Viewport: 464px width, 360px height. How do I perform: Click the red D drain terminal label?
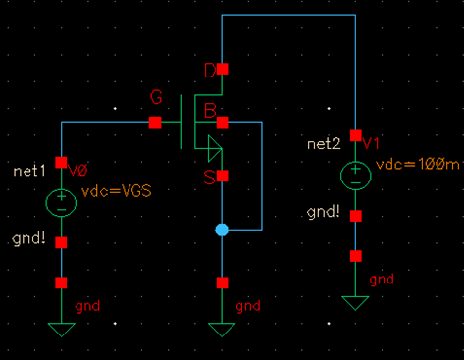point(208,69)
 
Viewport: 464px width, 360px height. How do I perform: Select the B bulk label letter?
point(208,111)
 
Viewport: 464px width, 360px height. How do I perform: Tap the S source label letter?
point(208,176)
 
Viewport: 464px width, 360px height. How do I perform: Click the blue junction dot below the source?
point(222,230)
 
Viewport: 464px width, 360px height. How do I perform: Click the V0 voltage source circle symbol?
point(61,202)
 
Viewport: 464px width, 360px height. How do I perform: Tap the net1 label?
point(29,171)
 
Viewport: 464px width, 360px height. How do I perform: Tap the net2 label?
point(323,144)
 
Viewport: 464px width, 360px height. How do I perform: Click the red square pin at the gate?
point(155,122)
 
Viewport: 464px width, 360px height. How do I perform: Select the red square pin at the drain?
point(223,69)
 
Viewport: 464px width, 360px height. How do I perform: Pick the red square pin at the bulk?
point(223,122)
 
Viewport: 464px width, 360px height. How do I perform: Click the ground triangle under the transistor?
point(223,329)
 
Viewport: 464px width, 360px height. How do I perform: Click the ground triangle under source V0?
point(61,329)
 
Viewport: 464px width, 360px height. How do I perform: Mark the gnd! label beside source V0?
point(27,239)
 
